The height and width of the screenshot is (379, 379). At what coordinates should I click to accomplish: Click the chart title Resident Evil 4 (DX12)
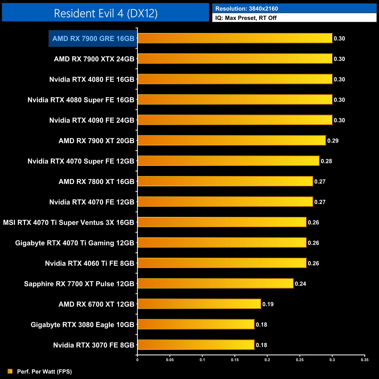point(106,13)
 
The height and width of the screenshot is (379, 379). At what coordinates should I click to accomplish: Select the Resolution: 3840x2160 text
point(247,8)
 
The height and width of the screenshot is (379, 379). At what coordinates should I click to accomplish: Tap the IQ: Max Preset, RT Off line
point(246,18)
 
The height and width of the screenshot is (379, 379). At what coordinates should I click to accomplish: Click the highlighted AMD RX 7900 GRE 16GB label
point(93,38)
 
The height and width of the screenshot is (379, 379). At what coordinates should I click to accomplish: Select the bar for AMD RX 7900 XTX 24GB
point(235,59)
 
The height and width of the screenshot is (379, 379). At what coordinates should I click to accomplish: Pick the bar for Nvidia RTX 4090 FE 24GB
point(235,120)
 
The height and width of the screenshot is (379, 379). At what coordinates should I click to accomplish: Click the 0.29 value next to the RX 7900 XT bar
point(333,141)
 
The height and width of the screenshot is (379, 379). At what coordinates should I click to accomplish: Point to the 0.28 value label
point(326,161)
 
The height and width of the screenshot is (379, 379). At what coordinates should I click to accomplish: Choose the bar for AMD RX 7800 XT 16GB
point(225,181)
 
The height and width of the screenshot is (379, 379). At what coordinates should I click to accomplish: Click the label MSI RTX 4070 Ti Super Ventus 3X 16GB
point(69,222)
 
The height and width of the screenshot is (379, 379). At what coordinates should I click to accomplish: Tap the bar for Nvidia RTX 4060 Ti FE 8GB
point(222,263)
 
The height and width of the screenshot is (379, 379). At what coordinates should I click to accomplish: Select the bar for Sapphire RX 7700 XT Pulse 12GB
point(215,283)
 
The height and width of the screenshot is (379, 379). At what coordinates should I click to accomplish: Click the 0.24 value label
point(300,284)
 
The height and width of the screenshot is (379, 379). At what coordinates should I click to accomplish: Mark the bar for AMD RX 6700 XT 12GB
point(199,304)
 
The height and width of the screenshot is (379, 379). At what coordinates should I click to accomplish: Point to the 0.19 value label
point(268,304)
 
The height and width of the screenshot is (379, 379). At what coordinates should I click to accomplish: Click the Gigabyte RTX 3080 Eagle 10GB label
point(83,324)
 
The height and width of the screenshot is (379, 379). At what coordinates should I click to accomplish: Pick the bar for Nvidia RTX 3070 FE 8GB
point(196,345)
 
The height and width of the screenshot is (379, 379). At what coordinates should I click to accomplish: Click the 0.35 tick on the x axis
point(364,360)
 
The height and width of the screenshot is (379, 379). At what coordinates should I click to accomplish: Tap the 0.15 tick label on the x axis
point(235,360)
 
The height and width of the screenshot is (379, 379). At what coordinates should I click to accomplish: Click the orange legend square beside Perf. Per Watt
point(10,371)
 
